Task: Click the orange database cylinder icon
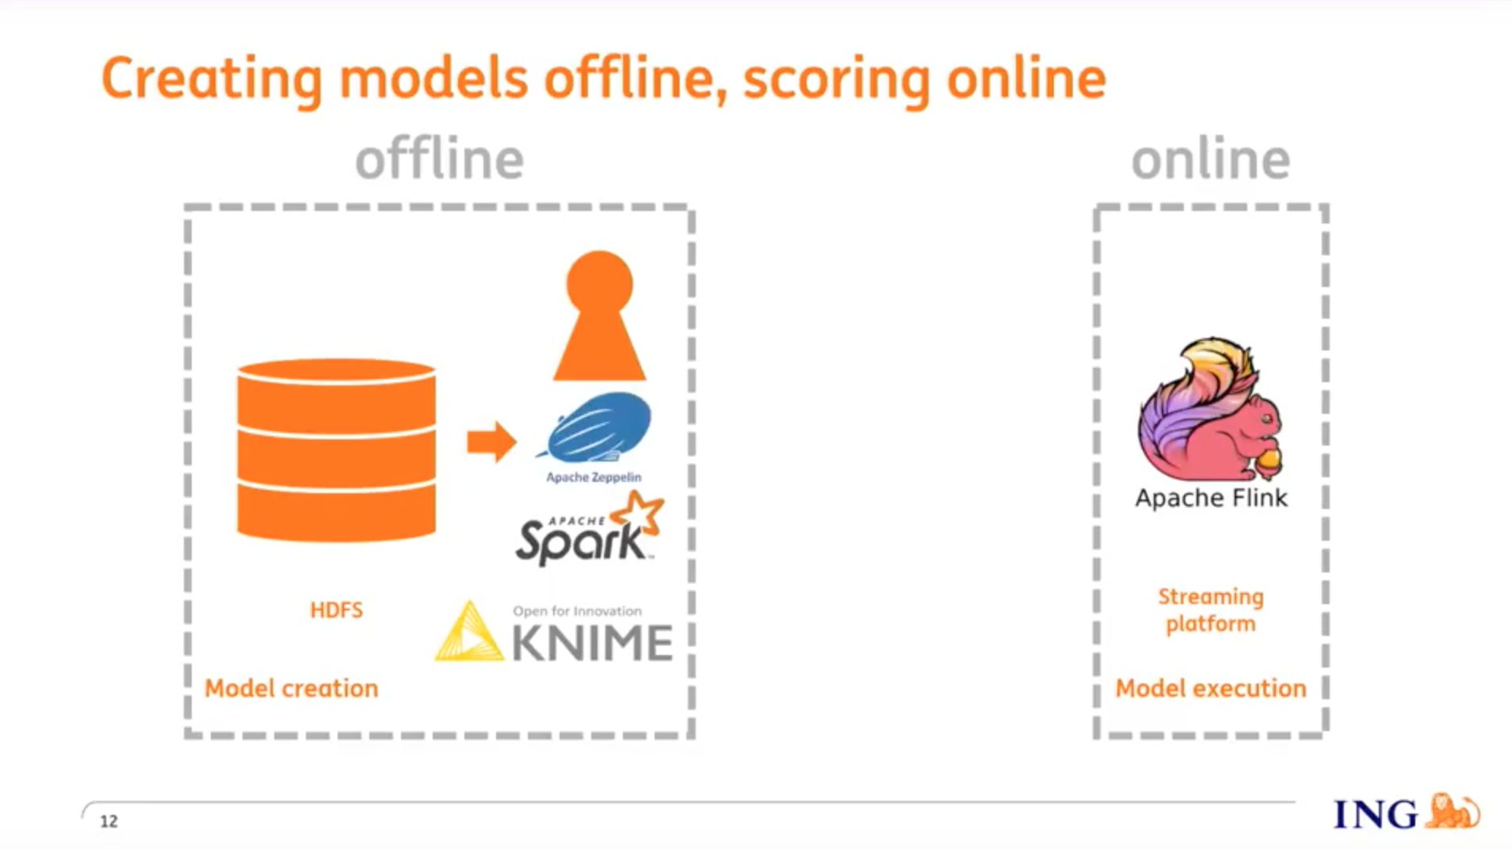click(336, 450)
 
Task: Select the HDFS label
click(336, 610)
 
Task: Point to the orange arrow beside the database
click(491, 442)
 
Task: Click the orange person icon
click(600, 316)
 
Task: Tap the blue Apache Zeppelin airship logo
click(596, 427)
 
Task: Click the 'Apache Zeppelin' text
click(594, 477)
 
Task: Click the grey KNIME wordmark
click(592, 642)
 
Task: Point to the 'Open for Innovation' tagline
click(577, 611)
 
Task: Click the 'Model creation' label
click(292, 688)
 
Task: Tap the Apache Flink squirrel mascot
click(1210, 409)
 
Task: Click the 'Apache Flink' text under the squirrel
click(1211, 498)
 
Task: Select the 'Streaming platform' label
click(1211, 610)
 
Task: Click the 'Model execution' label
click(1211, 688)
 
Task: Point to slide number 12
click(109, 821)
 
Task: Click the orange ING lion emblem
click(1453, 811)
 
